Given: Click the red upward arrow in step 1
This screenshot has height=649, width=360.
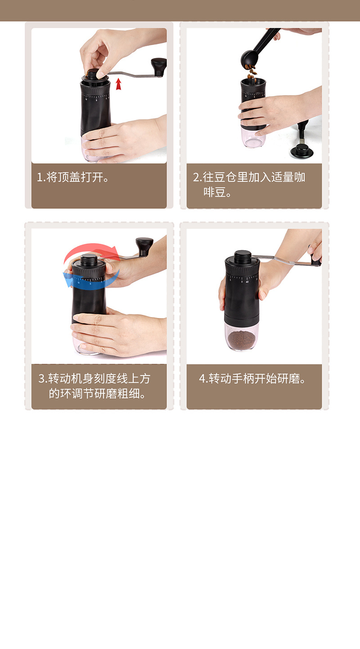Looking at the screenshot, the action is [x=118, y=84].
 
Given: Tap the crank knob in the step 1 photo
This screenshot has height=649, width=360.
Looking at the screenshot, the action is [x=158, y=67].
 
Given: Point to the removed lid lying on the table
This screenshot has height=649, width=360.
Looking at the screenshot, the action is [x=302, y=151].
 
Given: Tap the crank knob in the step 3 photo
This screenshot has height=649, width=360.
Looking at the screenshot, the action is [x=144, y=246].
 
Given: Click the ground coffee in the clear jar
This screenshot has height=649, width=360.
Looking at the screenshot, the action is [x=241, y=340].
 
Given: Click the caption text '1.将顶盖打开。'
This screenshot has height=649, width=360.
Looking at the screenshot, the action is [x=73, y=177].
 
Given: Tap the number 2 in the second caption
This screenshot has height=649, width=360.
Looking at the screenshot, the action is [x=196, y=177].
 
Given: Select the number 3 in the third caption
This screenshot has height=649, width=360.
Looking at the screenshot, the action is [x=41, y=378].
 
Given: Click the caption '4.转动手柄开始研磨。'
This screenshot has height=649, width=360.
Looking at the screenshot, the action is [x=252, y=378].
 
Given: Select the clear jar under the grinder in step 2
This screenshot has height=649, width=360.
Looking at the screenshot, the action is [x=253, y=138].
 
